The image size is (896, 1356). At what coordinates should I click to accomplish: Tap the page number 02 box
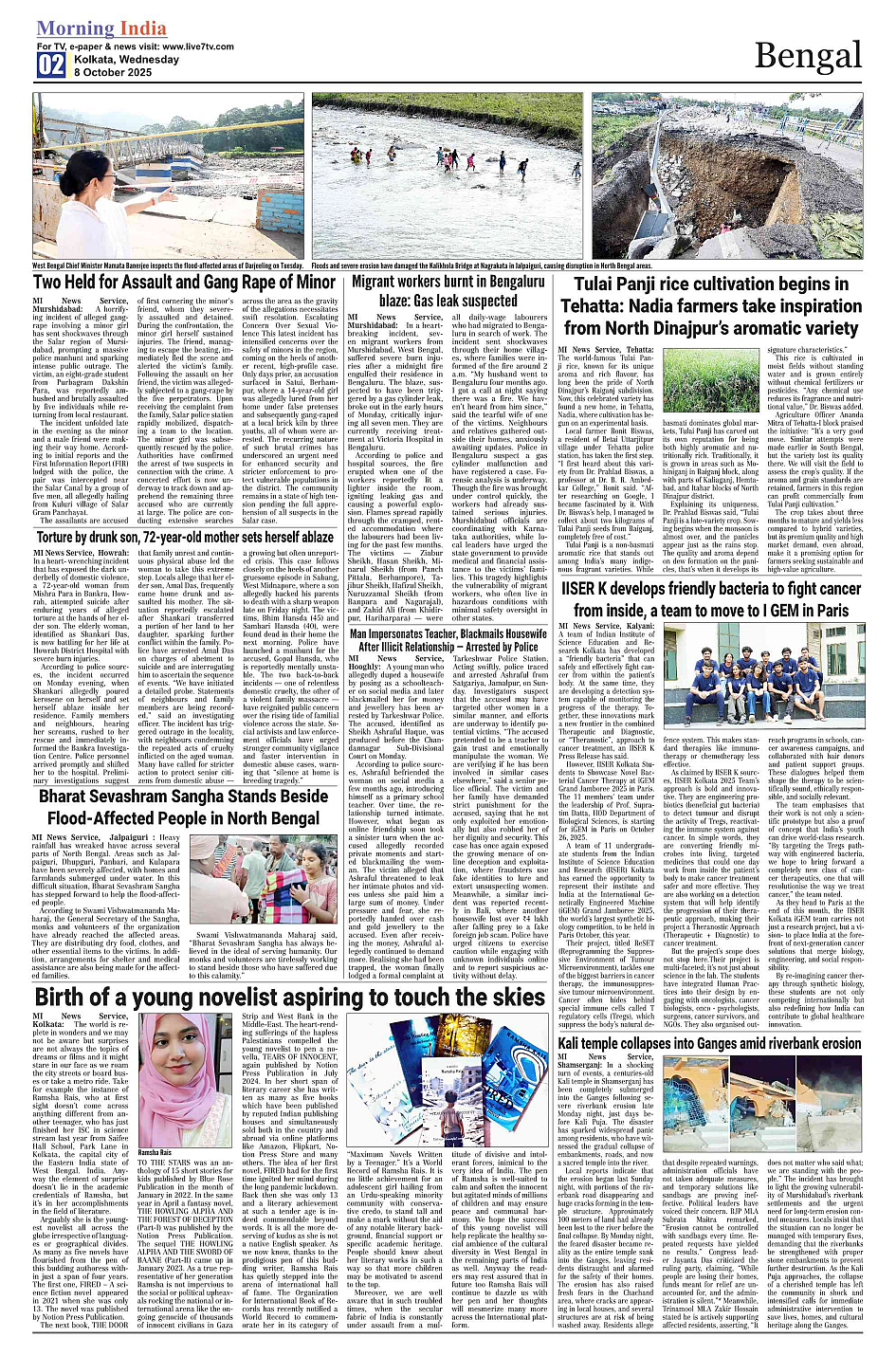51,64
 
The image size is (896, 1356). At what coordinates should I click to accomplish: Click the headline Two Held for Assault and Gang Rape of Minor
185,283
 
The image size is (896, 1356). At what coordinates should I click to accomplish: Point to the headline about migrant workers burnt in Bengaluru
448,291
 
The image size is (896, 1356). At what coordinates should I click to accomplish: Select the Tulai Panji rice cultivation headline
710,305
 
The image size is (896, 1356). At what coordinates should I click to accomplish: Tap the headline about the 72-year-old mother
185,538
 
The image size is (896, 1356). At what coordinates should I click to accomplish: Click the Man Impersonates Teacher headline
448,640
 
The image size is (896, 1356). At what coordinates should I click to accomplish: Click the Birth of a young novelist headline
289,997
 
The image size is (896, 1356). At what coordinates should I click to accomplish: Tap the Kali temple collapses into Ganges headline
710,1043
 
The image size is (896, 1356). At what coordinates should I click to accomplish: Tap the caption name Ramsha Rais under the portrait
155,1152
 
